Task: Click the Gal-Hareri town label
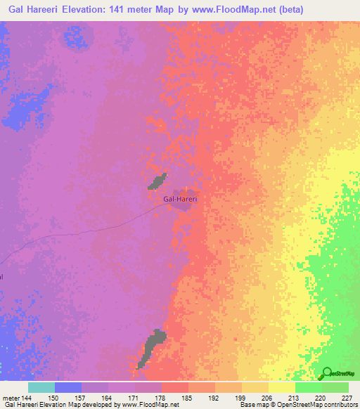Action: point(180,199)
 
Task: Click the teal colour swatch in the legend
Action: point(41,387)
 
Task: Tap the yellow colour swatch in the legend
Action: point(281,387)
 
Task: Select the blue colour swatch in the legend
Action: point(68,387)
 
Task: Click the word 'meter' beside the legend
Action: point(11,398)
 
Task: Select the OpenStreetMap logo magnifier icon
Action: point(326,372)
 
